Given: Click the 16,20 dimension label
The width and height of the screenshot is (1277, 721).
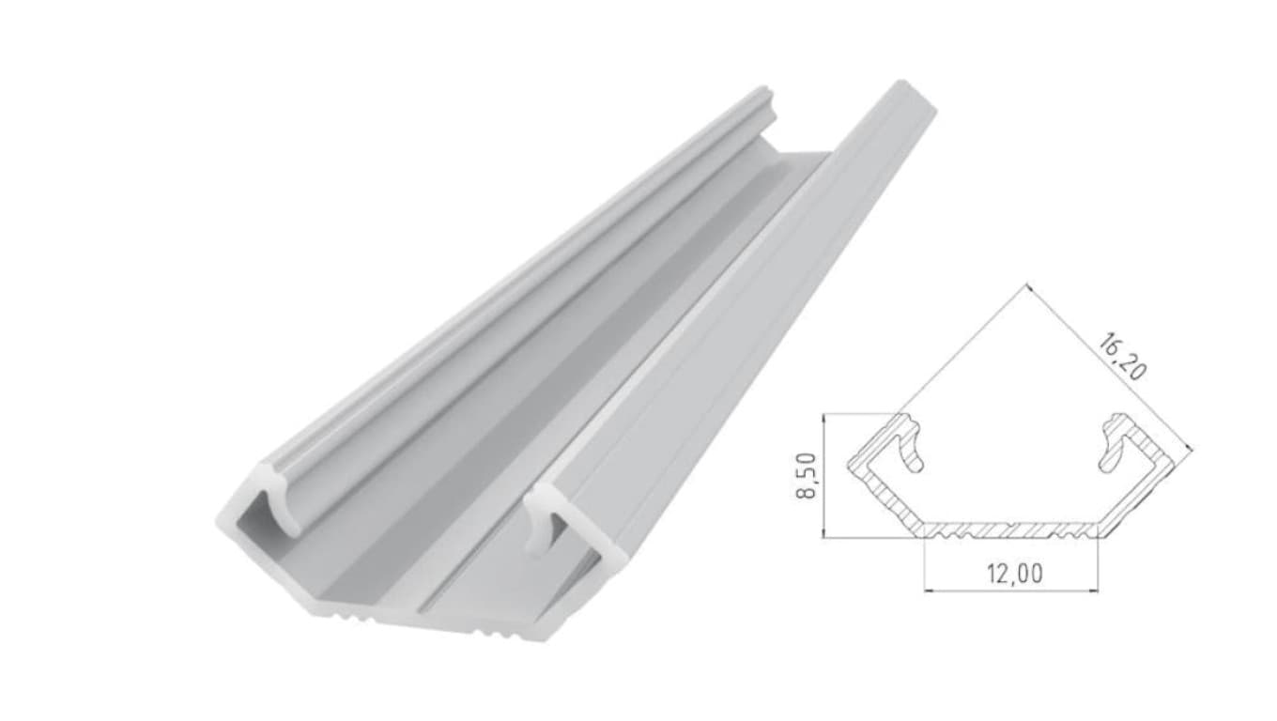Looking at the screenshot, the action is pyautogui.click(x=1121, y=358).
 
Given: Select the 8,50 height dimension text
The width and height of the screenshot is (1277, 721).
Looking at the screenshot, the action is pyautogui.click(x=806, y=475).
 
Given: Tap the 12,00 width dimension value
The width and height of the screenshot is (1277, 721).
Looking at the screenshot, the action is pyautogui.click(x=1015, y=574).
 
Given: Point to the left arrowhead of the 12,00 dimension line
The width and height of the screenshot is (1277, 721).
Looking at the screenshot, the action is pyautogui.click(x=930, y=591).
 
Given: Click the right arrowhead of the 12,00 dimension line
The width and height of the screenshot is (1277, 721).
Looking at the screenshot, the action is pyautogui.click(x=1092, y=591).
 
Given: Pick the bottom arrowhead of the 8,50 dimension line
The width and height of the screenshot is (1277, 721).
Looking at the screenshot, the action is pyautogui.click(x=823, y=531).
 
